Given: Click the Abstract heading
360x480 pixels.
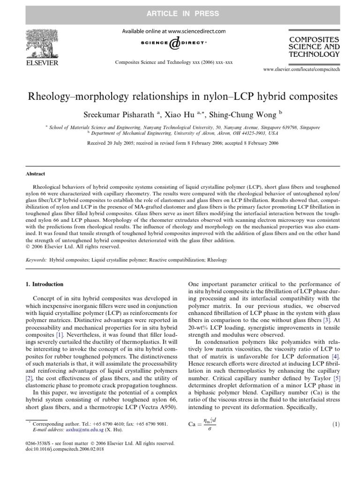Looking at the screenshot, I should point(36,173).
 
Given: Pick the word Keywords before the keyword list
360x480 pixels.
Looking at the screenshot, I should point(37,260).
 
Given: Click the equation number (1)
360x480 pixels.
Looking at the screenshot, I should point(335,424).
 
